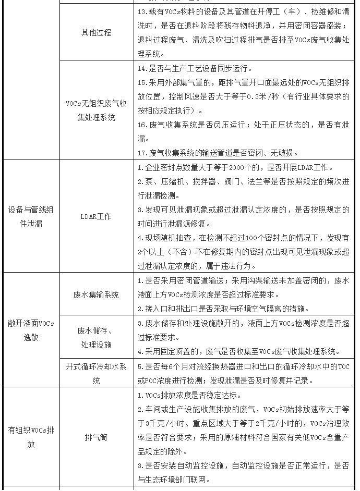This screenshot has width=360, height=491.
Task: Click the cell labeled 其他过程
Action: coord(96,32)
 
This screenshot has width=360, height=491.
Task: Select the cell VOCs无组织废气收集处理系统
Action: coord(96,111)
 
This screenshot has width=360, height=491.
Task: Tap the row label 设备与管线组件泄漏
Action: coord(30,216)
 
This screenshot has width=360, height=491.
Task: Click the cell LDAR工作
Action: coord(96,216)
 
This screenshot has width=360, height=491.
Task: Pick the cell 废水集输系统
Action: coord(96,294)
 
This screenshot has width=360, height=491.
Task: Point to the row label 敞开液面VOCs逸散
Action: coord(30,330)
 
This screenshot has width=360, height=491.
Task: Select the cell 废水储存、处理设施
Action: coord(96,338)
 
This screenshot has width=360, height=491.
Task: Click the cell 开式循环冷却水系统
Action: coord(96,373)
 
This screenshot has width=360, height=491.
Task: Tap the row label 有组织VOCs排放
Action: coord(30,437)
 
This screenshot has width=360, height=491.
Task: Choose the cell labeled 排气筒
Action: coord(96,437)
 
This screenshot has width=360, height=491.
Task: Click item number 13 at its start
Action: coord(141,11)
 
